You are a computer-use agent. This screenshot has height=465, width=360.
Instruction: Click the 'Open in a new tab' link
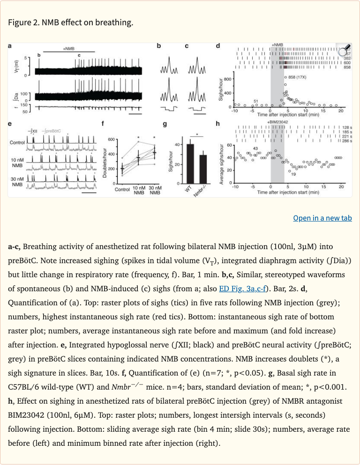322,218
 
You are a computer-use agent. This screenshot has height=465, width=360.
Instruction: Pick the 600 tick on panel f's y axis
111,140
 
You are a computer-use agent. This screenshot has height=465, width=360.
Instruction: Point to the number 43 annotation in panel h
255,148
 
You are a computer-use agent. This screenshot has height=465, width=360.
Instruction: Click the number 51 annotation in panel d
256,101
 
